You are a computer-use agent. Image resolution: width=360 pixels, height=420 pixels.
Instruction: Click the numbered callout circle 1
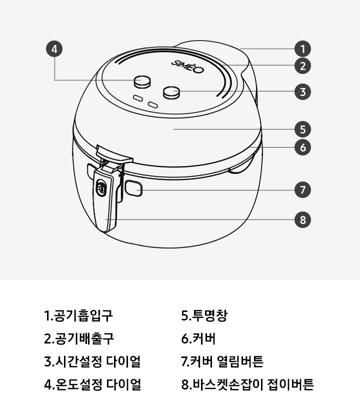point(302,49)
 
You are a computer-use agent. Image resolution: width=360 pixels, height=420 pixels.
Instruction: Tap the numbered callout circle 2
point(302,65)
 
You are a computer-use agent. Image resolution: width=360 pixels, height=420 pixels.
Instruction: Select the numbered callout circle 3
point(302,92)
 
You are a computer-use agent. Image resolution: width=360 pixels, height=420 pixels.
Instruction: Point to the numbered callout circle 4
point(54,49)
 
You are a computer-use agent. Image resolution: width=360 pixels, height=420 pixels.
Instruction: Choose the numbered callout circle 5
point(302,129)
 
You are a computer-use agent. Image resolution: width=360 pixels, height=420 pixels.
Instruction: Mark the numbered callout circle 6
point(302,147)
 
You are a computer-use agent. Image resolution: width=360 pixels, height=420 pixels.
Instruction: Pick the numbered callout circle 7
point(302,190)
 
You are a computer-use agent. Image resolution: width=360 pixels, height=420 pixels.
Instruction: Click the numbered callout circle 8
point(302,219)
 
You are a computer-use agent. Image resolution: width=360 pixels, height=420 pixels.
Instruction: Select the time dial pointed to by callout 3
point(172,91)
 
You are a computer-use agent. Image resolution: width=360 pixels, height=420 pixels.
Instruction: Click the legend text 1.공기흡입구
point(78,316)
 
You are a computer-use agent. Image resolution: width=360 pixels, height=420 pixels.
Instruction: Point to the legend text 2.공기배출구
point(79,339)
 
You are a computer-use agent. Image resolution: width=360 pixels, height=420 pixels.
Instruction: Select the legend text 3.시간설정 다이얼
point(92,361)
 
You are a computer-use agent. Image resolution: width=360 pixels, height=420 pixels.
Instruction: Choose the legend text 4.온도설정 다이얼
point(92,384)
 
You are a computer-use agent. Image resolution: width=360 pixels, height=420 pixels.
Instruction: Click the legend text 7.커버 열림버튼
point(222,361)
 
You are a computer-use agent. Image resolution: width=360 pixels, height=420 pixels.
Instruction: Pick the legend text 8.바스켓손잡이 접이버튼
point(247,384)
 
